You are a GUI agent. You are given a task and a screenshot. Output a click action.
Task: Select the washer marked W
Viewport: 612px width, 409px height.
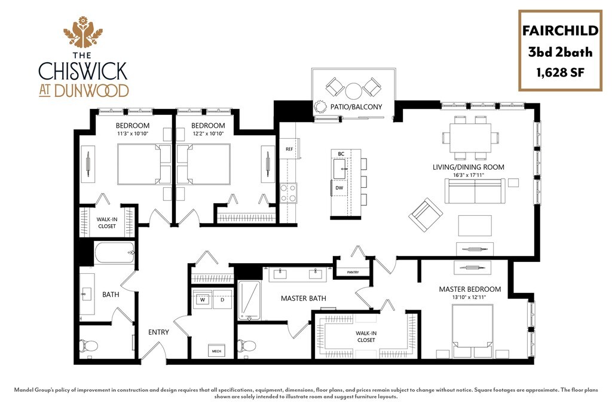203,300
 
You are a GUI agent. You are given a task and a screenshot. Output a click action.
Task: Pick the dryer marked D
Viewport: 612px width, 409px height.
221,300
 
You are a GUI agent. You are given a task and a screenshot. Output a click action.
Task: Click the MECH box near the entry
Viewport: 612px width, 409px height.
216,350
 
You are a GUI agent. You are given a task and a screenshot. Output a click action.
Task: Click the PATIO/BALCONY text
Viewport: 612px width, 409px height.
356,107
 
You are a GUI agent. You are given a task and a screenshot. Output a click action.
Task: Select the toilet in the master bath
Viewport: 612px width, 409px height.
247,345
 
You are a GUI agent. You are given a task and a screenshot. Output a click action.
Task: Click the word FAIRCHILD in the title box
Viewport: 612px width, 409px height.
559,31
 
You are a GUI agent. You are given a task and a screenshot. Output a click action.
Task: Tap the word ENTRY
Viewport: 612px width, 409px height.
158,332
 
